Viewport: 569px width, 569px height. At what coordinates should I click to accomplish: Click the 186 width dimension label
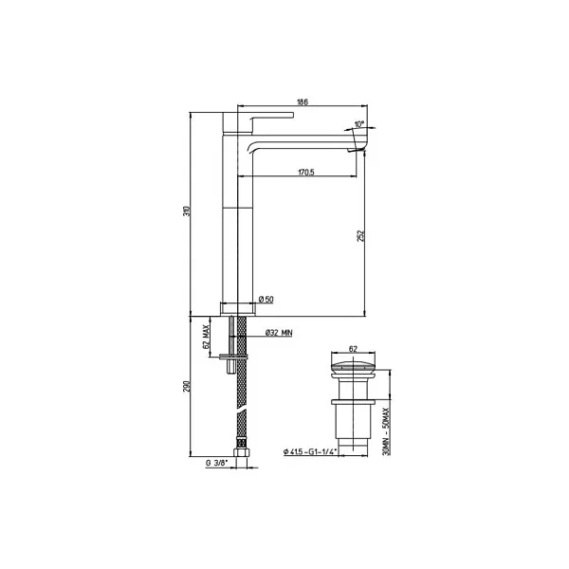click(x=303, y=102)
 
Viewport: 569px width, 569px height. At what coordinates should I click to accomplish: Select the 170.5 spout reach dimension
click(x=306, y=173)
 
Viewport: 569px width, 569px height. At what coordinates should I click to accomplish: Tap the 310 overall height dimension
click(x=187, y=211)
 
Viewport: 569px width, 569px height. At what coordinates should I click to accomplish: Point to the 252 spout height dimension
click(x=360, y=235)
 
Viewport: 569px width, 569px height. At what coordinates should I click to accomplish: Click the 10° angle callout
click(x=358, y=124)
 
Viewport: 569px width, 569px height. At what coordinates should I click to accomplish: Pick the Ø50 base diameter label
click(x=266, y=300)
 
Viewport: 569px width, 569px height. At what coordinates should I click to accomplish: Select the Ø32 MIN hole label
click(x=279, y=333)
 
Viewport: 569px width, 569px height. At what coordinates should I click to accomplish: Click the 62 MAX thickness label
click(x=206, y=337)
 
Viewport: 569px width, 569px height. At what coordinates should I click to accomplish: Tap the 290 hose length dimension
click(x=187, y=387)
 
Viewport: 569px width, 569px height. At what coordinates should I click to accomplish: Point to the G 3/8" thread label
click(x=216, y=463)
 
